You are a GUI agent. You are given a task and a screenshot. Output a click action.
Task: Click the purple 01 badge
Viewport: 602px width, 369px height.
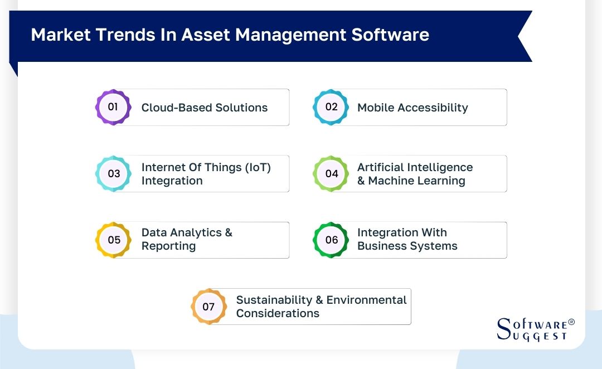click(113, 107)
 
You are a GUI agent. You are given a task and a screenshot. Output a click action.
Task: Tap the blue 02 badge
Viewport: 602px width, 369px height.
click(331, 107)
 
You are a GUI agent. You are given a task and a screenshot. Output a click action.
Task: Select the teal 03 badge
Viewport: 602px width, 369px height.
click(113, 173)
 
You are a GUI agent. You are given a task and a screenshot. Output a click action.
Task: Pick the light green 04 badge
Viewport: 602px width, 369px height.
click(331, 173)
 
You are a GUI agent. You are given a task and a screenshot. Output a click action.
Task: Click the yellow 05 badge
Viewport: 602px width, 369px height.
click(113, 240)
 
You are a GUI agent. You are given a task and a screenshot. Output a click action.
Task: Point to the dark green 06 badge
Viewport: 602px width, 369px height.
click(331, 240)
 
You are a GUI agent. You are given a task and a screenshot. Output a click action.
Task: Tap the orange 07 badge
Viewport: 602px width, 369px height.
click(208, 307)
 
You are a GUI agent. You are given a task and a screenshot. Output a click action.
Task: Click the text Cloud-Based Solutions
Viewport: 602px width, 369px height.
click(204, 108)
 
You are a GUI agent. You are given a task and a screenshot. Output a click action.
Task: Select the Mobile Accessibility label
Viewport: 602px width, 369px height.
click(412, 108)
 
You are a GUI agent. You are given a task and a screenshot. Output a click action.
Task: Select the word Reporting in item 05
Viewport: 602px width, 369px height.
click(168, 246)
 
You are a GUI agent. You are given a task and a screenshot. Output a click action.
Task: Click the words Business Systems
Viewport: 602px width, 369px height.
click(407, 246)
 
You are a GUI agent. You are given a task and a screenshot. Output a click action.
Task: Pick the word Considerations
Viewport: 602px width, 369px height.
click(278, 313)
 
